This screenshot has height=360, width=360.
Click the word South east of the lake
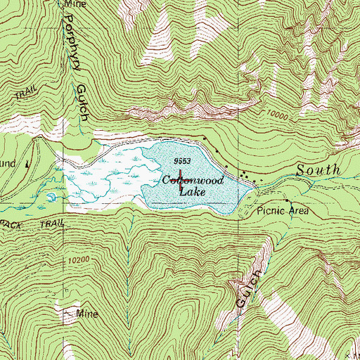coord(319,170)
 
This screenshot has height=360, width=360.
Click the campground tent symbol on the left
coord(27,163)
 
